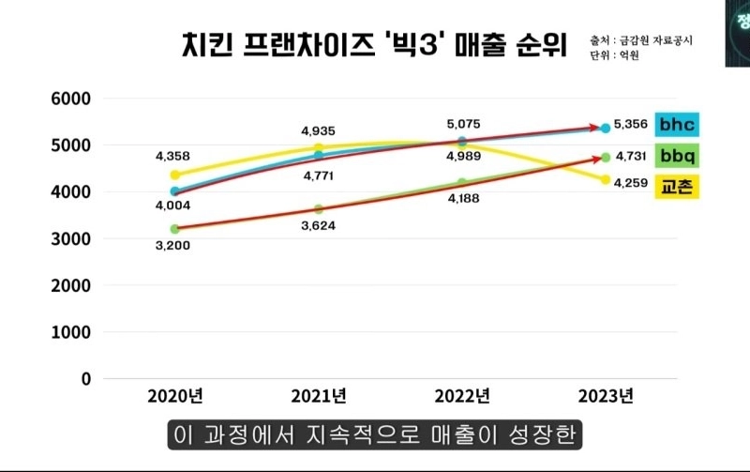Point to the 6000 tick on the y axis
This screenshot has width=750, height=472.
click(x=70, y=99)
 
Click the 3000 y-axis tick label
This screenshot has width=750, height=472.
click(x=70, y=239)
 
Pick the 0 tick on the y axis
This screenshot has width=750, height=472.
click(x=85, y=379)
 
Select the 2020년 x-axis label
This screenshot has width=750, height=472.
click(x=174, y=395)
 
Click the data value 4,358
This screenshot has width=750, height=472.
click(x=174, y=155)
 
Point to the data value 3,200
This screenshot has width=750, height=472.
click(x=174, y=247)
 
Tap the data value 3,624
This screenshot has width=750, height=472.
click(x=319, y=225)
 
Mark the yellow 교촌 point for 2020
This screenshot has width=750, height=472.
click(x=174, y=175)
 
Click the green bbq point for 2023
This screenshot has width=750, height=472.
click(x=606, y=158)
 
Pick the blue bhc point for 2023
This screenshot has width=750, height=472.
click(x=606, y=128)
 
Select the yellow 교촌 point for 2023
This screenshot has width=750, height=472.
click(x=606, y=179)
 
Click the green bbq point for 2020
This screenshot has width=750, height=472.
click(x=174, y=229)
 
